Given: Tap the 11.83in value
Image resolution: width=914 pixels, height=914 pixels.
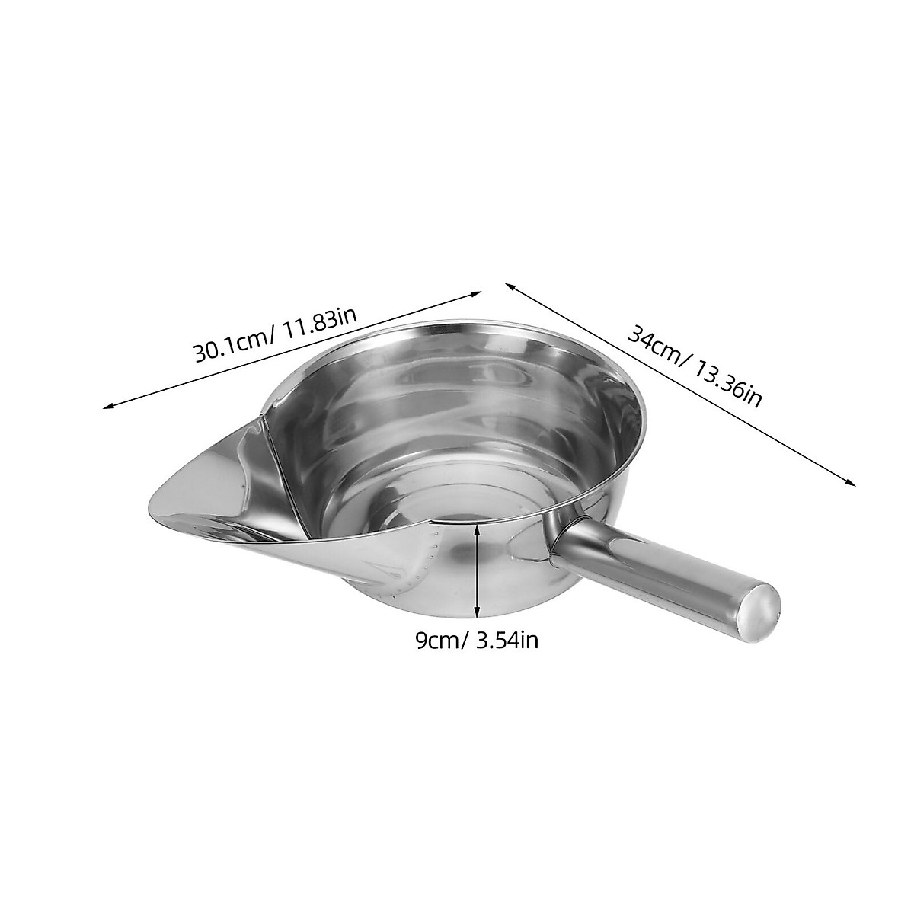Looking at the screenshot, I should pyautogui.click(x=318, y=326).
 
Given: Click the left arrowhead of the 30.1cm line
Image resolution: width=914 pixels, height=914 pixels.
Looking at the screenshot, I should pyautogui.click(x=107, y=407).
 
